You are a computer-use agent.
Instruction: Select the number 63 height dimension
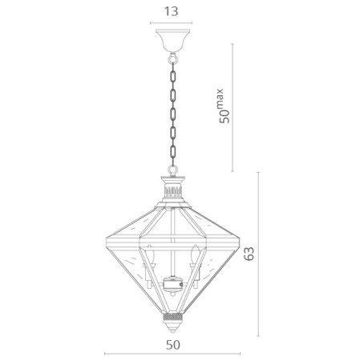249,254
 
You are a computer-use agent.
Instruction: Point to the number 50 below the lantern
173,346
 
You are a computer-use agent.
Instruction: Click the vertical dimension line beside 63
261,254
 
